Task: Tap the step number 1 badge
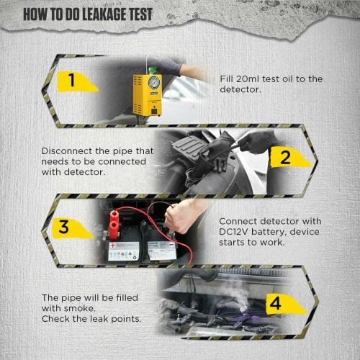pyautogui.click(x=72, y=81)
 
